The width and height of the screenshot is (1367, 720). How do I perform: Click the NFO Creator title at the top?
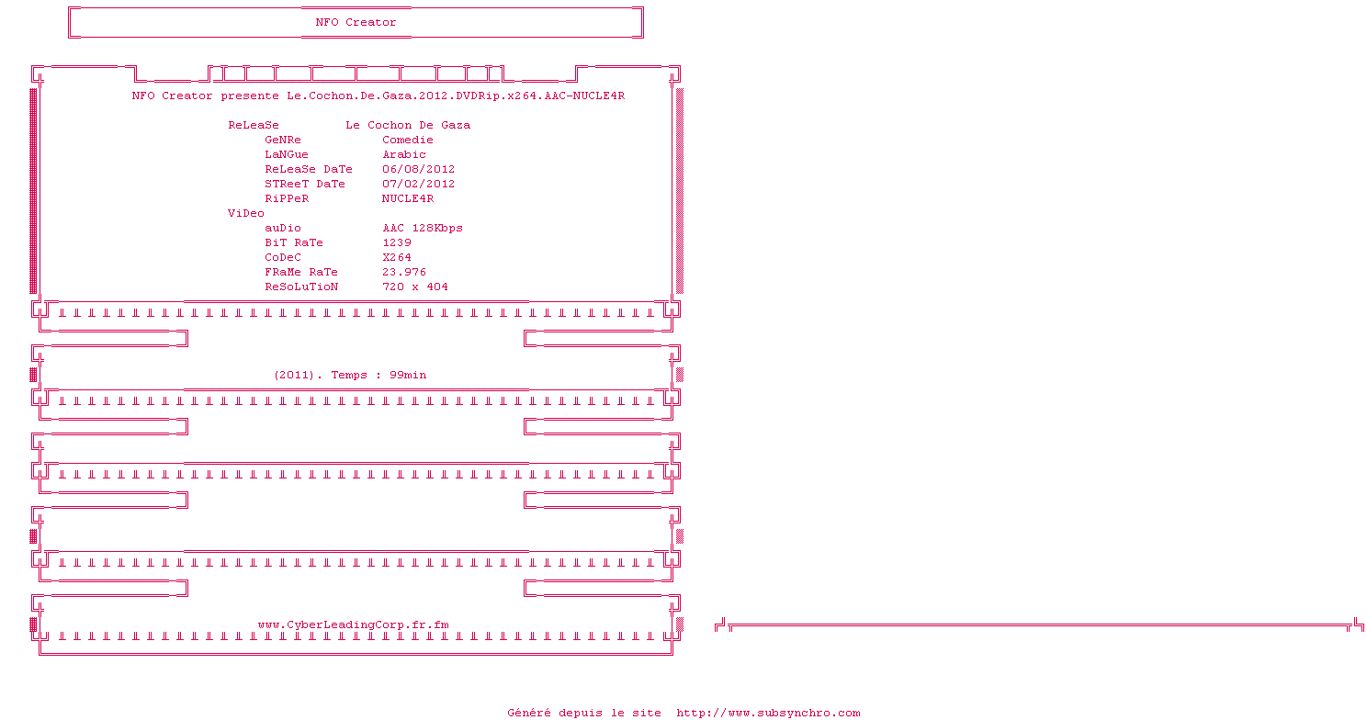click(356, 22)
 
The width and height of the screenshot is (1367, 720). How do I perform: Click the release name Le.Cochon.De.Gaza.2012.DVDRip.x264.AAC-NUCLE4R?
click(456, 96)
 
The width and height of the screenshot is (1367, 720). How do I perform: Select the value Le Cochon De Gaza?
click(408, 125)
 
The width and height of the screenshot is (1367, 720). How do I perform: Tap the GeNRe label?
click(283, 140)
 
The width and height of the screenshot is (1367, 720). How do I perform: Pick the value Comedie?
click(408, 140)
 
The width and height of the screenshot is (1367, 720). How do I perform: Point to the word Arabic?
click(404, 154)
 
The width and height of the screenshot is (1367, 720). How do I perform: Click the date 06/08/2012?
click(419, 169)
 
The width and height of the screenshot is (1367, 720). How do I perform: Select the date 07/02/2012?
click(419, 184)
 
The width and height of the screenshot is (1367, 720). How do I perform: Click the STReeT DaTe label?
click(305, 184)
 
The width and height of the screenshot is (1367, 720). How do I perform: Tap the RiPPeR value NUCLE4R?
click(408, 198)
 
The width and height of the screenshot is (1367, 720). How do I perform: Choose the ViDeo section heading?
click(246, 213)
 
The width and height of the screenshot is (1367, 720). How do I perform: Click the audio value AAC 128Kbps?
click(423, 228)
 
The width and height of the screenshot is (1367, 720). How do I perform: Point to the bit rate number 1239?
click(397, 242)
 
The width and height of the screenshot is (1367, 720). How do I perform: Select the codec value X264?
click(397, 257)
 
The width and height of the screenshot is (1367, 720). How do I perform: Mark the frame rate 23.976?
click(404, 272)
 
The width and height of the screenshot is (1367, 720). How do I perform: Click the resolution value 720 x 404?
click(415, 287)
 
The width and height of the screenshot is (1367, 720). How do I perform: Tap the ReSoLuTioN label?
click(301, 287)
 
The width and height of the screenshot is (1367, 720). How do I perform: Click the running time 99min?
click(408, 375)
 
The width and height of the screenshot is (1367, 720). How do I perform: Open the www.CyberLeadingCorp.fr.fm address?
click(354, 624)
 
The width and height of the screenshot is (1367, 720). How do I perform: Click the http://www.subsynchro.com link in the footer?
click(768, 713)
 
